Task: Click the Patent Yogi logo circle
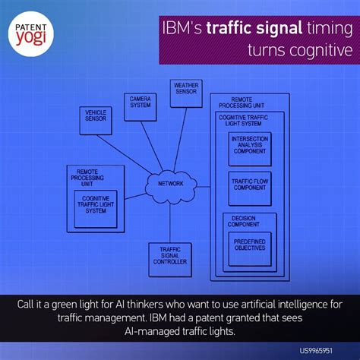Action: (31, 34)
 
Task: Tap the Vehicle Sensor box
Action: (96, 121)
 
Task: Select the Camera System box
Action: (141, 107)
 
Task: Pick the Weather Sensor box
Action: (186, 93)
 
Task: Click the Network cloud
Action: (171, 187)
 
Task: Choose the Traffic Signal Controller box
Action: (170, 260)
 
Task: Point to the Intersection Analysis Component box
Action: (250, 149)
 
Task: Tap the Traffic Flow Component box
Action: (250, 188)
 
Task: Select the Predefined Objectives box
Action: (250, 249)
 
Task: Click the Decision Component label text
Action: (243, 221)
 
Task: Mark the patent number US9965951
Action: (316, 351)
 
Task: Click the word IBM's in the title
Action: (182, 27)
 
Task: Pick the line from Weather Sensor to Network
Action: (180, 140)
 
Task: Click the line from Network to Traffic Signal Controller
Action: (170, 223)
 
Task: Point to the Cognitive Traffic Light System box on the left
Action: (96, 209)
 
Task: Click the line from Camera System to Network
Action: (152, 147)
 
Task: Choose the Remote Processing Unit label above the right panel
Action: (242, 103)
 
